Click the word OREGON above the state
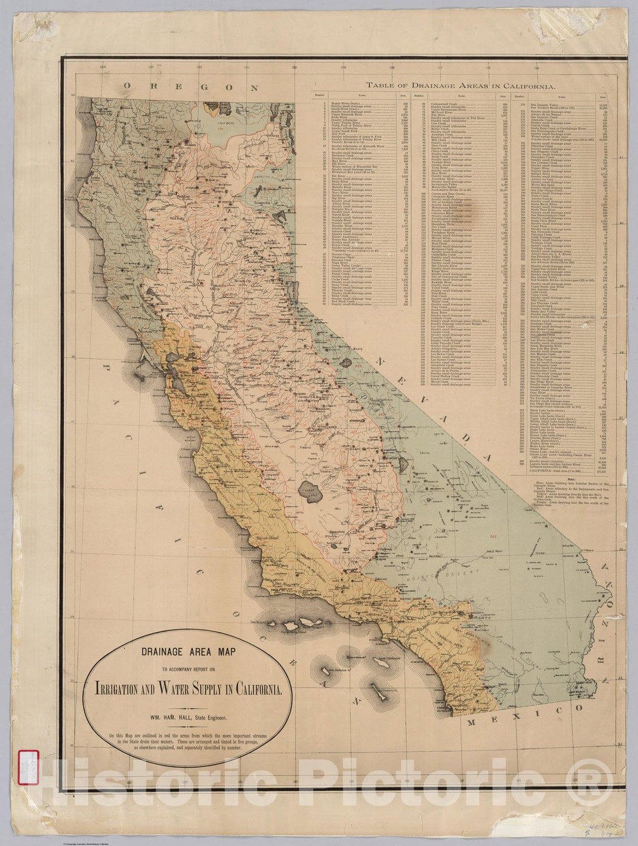191,86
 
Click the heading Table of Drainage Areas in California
460,86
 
